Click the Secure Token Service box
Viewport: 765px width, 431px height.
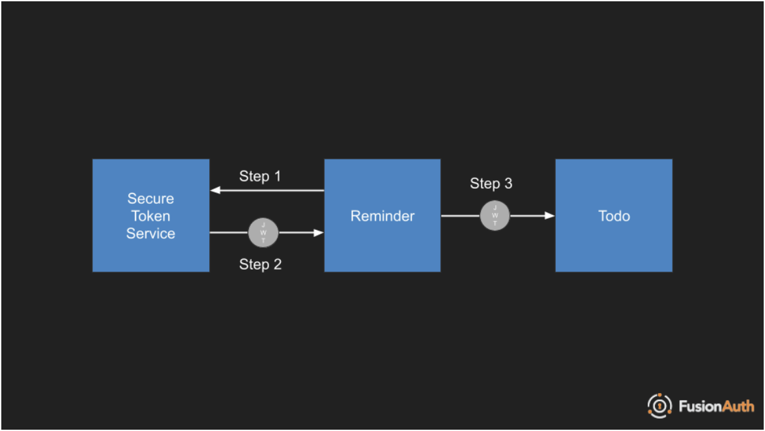pos(151,215)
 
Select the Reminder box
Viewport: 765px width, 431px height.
pos(382,215)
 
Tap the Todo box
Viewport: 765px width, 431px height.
pos(614,215)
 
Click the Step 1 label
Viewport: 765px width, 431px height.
pos(260,176)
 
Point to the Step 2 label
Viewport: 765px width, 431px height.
pos(260,264)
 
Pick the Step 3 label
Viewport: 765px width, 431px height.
pos(491,184)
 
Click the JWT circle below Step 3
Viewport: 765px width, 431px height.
pos(495,215)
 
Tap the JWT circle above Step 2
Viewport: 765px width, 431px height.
pos(263,232)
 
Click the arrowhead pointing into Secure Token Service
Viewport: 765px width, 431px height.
pos(215,190)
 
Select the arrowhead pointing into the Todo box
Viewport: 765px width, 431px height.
pos(550,215)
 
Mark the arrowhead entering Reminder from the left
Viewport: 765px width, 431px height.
pos(319,232)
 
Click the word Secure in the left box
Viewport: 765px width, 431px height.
pos(151,199)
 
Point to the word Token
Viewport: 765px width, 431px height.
pos(151,216)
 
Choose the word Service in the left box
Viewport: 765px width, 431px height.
pos(151,234)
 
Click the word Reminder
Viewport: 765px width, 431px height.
pos(382,216)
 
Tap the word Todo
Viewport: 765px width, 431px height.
pos(614,216)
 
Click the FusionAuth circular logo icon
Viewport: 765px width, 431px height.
pos(659,406)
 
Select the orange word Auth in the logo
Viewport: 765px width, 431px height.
pos(738,406)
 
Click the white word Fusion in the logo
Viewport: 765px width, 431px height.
pos(700,406)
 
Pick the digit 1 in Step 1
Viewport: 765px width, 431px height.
pos(277,176)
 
